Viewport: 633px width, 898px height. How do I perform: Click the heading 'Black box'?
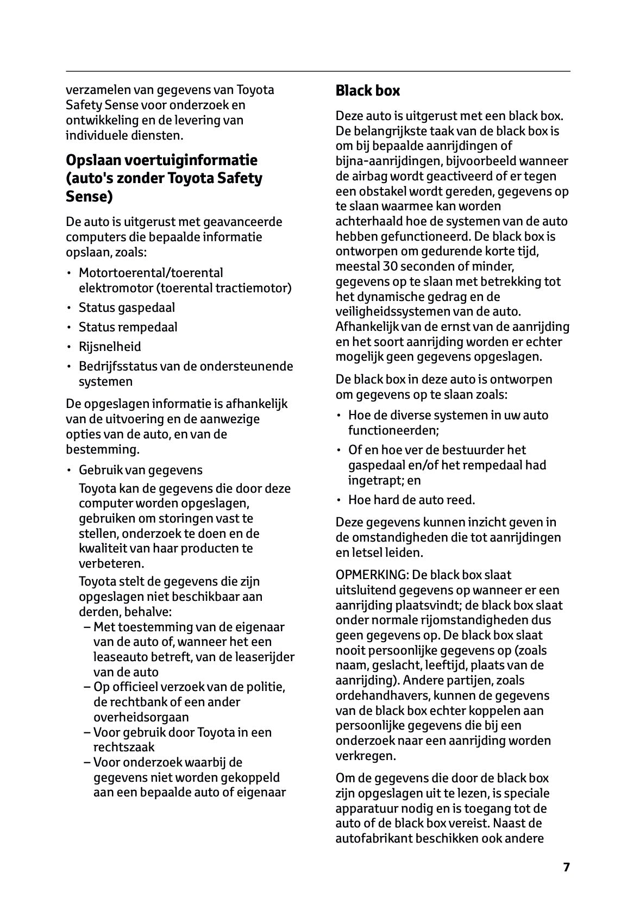(x=367, y=91)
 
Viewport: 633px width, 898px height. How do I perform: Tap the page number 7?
(x=566, y=867)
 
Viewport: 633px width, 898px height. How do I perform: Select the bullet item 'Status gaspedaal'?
(x=127, y=307)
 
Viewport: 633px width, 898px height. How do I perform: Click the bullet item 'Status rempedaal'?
(x=128, y=327)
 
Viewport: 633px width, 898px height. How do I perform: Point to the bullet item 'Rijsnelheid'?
(x=110, y=347)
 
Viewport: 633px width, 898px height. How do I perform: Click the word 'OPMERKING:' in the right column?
(x=372, y=575)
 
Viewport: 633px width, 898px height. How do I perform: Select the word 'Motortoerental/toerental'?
(x=151, y=273)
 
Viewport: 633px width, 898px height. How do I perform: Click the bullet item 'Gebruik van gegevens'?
(x=140, y=470)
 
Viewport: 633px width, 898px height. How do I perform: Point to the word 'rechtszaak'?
(x=124, y=747)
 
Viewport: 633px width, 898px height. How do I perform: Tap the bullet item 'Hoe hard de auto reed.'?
(x=411, y=500)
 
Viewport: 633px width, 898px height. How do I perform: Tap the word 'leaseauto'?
(x=120, y=657)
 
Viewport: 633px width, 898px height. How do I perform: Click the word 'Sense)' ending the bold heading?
(x=89, y=197)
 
